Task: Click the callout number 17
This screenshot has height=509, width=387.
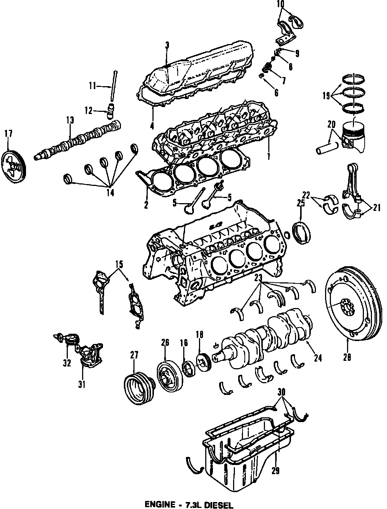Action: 8,133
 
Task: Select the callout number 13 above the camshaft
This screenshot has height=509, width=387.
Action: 70,120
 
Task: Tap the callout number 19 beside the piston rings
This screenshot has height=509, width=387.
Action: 326,96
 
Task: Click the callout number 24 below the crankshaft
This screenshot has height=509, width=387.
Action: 318,358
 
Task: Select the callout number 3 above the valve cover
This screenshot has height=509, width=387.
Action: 167,45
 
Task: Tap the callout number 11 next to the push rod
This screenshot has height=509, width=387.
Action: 92,86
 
